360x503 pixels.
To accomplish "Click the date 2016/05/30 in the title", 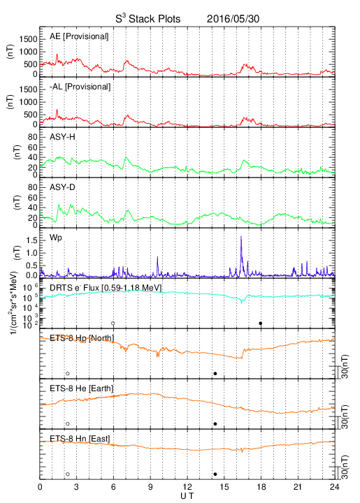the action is click(x=233, y=19).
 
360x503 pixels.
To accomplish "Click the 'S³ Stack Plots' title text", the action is click(x=148, y=18).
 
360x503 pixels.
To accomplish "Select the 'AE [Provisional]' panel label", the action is click(x=79, y=36).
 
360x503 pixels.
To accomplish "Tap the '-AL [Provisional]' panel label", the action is click(x=80, y=87).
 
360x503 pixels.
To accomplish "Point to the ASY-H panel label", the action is click(x=62, y=137).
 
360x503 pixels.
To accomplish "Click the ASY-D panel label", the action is click(x=62, y=187).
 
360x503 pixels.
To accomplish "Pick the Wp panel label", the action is click(x=55, y=238).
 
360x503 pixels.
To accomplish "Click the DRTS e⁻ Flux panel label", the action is click(x=106, y=288).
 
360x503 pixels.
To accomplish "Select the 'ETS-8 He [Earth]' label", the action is click(x=82, y=388).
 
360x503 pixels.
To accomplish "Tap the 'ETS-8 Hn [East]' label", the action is click(x=80, y=438).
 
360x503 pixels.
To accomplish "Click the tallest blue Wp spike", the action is click(x=241, y=236).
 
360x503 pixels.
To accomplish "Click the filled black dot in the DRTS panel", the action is click(x=261, y=323).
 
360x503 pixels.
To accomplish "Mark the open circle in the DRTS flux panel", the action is click(x=113, y=323).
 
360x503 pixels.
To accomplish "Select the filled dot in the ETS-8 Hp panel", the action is click(x=215, y=373).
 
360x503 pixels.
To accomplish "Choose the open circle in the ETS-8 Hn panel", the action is click(x=68, y=474).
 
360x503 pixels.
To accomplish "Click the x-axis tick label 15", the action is click(x=224, y=487).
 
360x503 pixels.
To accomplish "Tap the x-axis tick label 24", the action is click(x=335, y=487).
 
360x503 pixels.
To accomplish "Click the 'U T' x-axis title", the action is click(x=187, y=496).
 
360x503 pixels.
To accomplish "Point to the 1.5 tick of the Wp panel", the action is click(x=31, y=240).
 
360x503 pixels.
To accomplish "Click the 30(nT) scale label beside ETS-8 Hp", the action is click(x=345, y=366).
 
